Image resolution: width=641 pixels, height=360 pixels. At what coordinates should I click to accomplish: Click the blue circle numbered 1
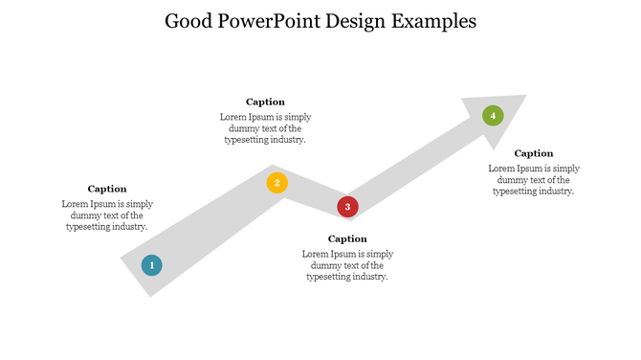[x=151, y=265]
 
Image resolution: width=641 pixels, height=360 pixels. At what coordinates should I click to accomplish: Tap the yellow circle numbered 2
[x=276, y=183]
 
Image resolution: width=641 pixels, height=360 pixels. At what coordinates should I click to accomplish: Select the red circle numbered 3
[x=347, y=207]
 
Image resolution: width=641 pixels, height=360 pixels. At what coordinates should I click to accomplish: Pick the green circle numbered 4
[x=493, y=116]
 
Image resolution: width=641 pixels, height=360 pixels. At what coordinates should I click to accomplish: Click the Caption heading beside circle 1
[x=107, y=189]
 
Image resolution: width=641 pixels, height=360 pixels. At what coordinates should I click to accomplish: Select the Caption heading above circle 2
[x=265, y=101]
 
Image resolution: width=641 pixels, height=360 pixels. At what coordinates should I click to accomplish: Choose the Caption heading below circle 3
[x=347, y=238]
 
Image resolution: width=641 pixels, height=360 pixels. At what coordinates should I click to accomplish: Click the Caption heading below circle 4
[x=534, y=153]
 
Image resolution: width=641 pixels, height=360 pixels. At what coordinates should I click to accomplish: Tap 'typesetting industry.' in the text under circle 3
[x=347, y=277]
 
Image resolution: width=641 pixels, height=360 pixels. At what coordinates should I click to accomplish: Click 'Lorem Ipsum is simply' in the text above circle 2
[x=265, y=117]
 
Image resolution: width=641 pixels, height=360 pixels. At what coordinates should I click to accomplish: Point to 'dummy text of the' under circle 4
[x=534, y=180]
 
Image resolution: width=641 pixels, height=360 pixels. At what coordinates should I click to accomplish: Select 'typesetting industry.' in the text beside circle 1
[x=107, y=227]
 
